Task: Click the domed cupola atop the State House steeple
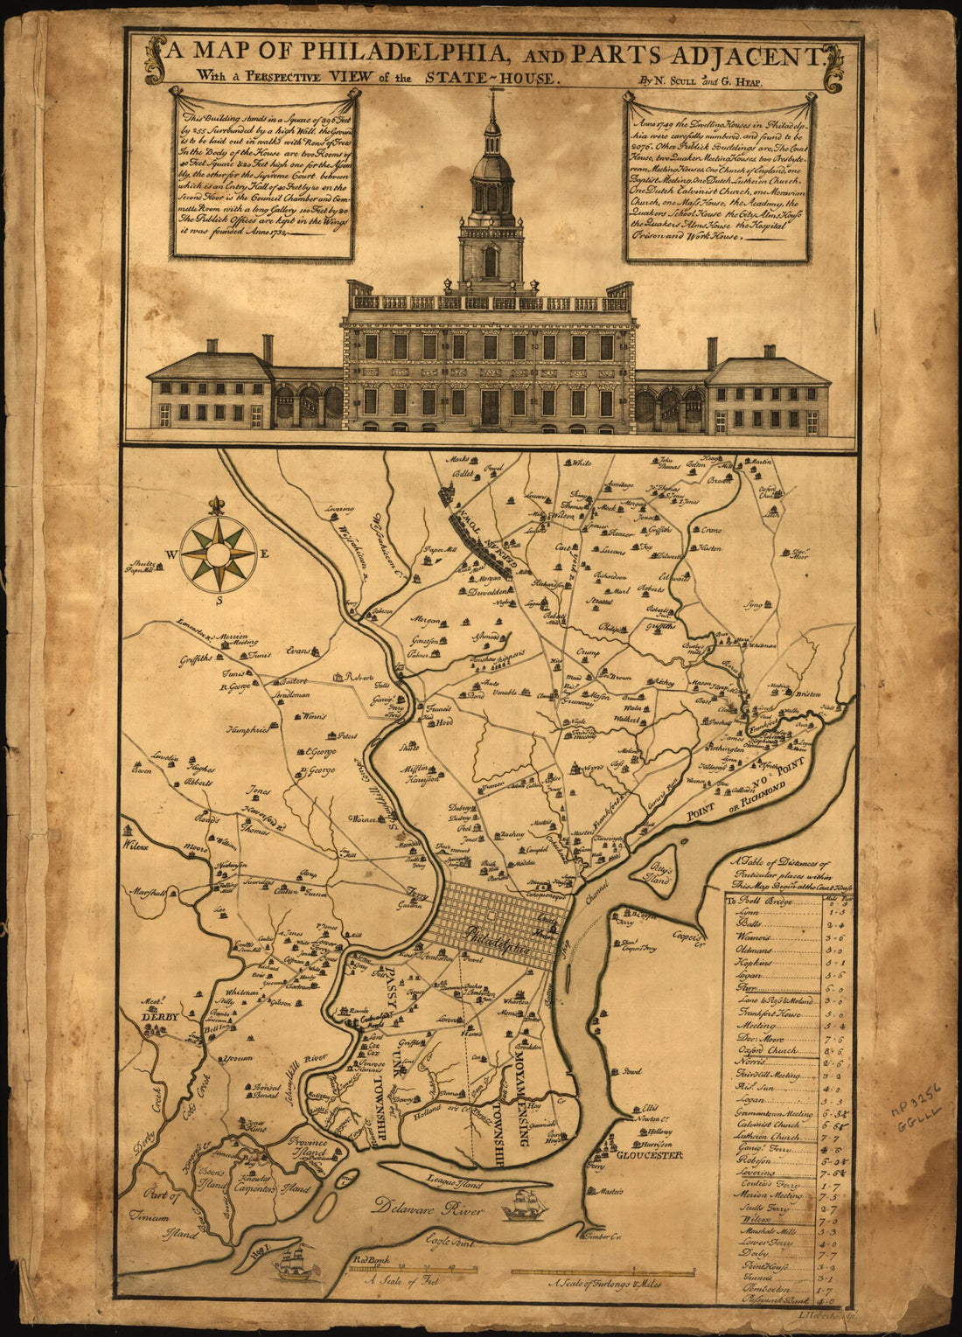click(x=491, y=165)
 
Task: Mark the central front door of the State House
click(x=490, y=407)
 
